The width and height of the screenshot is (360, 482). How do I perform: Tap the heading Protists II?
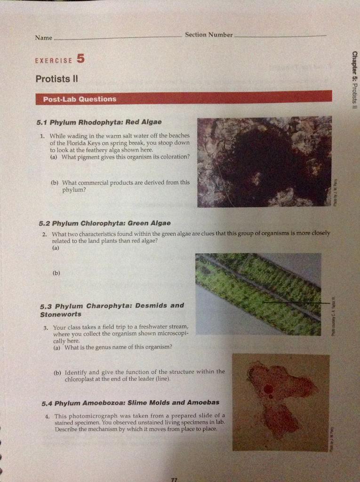pyautogui.click(x=56, y=79)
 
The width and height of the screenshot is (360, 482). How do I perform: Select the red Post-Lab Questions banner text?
pyautogui.click(x=80, y=99)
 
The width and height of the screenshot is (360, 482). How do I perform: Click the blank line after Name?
pyautogui.click(x=118, y=39)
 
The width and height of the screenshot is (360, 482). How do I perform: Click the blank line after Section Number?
pyautogui.click(x=280, y=36)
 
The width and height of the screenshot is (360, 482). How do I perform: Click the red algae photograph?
pyautogui.click(x=264, y=162)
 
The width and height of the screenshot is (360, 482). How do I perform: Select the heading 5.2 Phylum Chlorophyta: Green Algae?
pyautogui.click(x=104, y=223)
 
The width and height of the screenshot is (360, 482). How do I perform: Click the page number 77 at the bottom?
pyautogui.click(x=174, y=478)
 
